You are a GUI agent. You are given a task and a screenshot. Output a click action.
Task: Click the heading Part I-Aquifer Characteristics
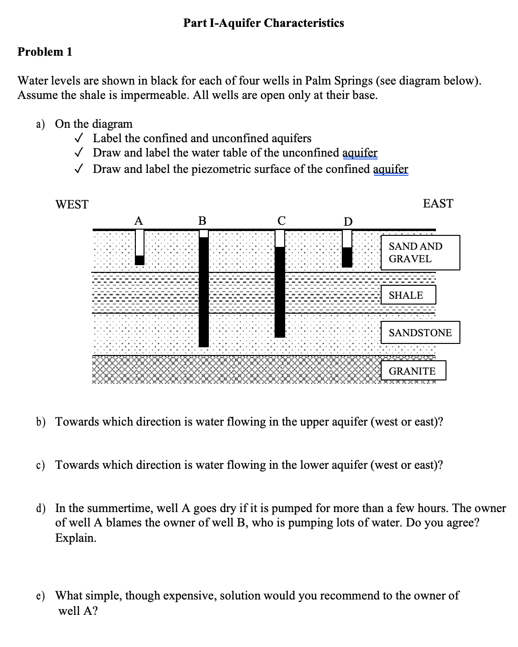(x=264, y=23)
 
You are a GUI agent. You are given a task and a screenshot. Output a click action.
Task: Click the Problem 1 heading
(x=45, y=52)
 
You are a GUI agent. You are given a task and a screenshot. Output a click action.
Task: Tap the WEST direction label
(x=72, y=205)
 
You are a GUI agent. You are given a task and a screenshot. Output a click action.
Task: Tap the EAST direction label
(x=438, y=204)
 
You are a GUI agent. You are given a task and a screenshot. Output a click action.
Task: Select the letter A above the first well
(x=138, y=221)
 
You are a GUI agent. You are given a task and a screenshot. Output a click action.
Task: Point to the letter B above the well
(x=203, y=221)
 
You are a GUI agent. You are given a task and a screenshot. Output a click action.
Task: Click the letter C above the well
(x=281, y=221)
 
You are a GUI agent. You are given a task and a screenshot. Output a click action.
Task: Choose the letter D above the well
(x=348, y=221)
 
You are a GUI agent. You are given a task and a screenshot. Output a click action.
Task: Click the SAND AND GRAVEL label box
(x=420, y=253)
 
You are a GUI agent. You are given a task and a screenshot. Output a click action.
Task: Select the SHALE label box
(x=408, y=295)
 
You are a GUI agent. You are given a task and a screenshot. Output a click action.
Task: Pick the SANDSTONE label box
(x=420, y=333)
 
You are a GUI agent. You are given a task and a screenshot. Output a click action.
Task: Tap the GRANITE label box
(x=413, y=371)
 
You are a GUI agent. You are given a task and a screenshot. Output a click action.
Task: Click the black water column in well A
(x=139, y=260)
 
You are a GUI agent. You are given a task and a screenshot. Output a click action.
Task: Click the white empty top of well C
(x=280, y=238)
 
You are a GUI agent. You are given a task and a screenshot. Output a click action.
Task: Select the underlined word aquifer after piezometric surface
(x=390, y=169)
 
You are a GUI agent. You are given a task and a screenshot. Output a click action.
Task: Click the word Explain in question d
(x=76, y=538)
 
